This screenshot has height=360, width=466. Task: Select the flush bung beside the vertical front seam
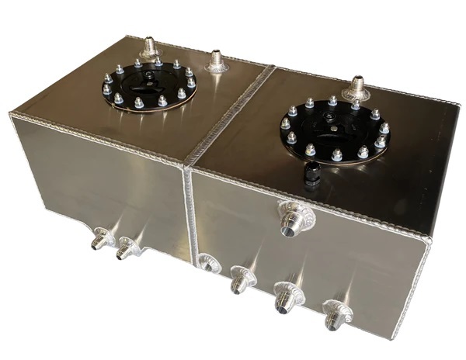coord(207,264)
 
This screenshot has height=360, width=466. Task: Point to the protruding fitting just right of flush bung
coord(241,279)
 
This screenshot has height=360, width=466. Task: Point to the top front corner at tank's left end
coord(11,116)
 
